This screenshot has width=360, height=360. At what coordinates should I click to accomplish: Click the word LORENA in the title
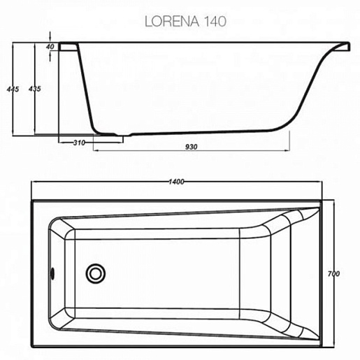(172, 21)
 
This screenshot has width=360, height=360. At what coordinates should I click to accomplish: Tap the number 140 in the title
(215, 21)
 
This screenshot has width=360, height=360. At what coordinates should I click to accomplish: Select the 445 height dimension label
(13, 89)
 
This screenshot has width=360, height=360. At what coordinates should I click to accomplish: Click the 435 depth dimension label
(35, 89)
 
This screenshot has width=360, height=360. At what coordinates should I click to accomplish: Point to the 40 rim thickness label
(50, 47)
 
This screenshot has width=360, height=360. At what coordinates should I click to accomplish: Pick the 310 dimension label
(79, 143)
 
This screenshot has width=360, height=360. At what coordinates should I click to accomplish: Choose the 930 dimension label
(192, 147)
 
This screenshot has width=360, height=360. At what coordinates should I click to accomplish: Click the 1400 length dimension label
(176, 182)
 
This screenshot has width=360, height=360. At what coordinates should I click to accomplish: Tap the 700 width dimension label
(333, 273)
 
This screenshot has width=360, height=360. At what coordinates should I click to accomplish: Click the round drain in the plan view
(95, 273)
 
